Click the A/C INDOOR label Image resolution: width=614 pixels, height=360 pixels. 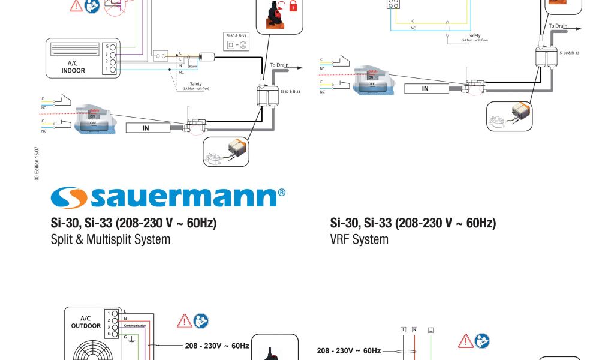(73, 67)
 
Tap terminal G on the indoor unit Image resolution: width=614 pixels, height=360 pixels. (112, 46)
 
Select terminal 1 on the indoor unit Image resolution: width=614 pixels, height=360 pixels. (112, 70)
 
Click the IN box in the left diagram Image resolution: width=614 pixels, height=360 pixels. (146, 127)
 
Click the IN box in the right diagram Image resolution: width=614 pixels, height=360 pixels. (425, 89)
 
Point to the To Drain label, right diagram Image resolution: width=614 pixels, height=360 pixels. (558, 26)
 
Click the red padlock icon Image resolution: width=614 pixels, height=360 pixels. (293, 7)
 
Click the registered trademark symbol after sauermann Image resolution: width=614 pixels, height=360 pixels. (282, 193)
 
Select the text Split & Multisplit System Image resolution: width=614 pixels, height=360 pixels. (110, 239)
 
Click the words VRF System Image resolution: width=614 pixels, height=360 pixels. (359, 239)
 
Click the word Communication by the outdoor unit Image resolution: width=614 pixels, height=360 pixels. (135, 326)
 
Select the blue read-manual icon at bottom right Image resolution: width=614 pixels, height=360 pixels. (482, 341)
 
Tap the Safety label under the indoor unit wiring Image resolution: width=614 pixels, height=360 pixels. (195, 83)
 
